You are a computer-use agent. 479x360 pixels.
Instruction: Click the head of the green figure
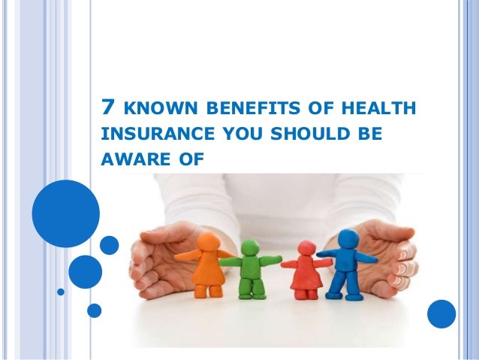point(252,250)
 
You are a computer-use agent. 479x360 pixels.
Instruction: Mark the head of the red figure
point(306,248)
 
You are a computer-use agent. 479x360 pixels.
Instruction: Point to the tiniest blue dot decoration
point(61,290)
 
